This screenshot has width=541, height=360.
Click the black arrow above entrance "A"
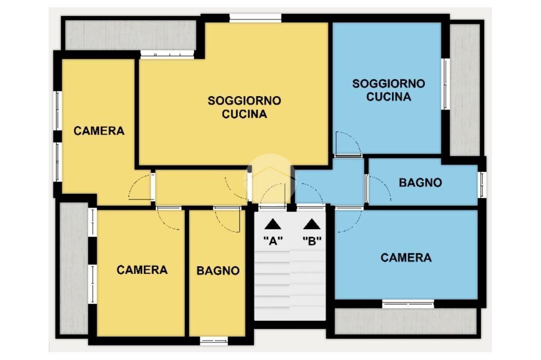(273, 224)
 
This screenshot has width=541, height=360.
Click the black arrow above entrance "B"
(312, 224)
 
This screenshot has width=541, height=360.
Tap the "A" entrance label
(273, 241)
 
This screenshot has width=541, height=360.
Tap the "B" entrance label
(312, 241)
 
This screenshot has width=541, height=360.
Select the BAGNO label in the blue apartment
(420, 183)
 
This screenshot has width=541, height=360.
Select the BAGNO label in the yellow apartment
(218, 271)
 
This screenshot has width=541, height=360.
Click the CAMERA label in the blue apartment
(406, 258)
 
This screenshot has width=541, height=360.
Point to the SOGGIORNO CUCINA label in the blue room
(388, 90)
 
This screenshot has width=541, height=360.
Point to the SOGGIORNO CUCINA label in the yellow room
(244, 107)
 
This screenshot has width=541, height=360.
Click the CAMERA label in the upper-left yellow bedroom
(99, 131)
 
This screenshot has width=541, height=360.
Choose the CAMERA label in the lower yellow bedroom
(142, 270)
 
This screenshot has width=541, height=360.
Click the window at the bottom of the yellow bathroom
(214, 341)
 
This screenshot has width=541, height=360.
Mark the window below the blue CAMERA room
(408, 304)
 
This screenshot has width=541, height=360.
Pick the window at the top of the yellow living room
(255, 18)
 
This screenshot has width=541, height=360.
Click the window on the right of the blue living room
(446, 84)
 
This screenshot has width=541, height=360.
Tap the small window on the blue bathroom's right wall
(482, 185)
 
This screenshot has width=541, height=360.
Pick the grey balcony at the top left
(131, 35)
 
